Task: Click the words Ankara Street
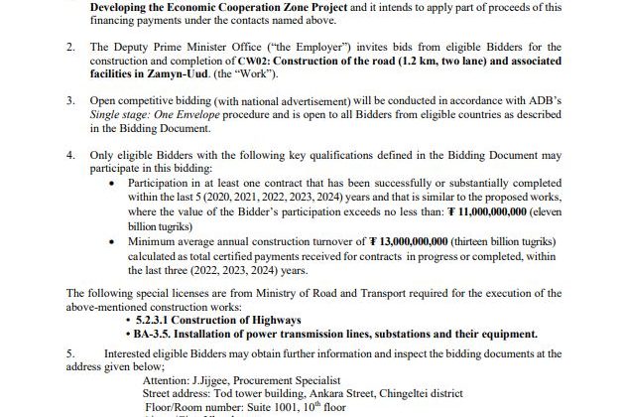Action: tap(340, 393)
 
